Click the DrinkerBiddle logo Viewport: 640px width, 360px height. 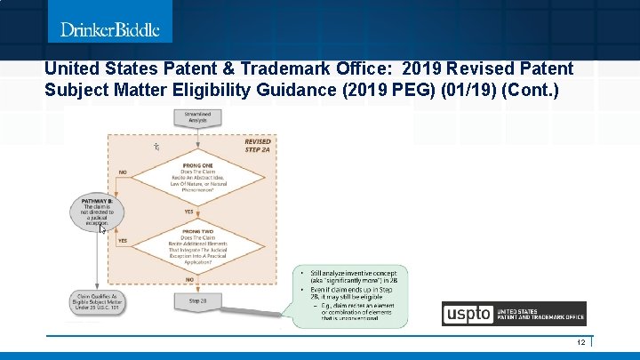click(109, 30)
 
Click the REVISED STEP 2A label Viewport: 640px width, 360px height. click(257, 146)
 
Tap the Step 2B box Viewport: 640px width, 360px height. click(197, 302)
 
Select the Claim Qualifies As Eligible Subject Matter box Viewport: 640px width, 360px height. click(98, 303)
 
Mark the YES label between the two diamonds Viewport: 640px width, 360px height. click(188, 212)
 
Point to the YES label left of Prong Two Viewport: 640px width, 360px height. click(123, 241)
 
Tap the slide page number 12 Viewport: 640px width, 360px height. click(580, 342)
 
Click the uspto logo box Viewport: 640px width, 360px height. click(468, 314)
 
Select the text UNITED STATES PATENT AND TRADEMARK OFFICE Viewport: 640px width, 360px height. click(540, 314)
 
